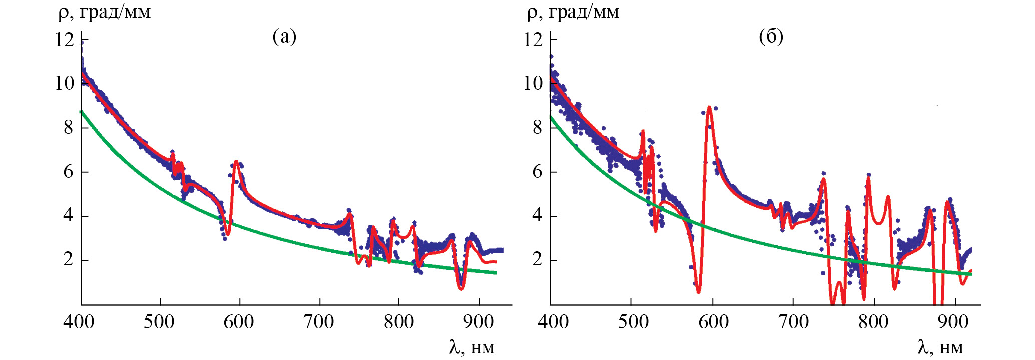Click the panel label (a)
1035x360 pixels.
click(x=284, y=37)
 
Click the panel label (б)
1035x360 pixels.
click(x=771, y=37)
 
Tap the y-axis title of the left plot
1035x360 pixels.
click(x=104, y=12)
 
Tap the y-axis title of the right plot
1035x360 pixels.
click(x=573, y=12)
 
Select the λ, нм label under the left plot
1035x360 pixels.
click(x=471, y=346)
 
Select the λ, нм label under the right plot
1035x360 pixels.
click(x=940, y=346)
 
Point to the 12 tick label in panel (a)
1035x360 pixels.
click(x=65, y=39)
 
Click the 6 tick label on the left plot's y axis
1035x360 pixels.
click(x=69, y=172)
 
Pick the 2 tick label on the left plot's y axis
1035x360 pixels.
click(x=69, y=260)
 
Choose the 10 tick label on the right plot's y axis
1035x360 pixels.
click(x=533, y=83)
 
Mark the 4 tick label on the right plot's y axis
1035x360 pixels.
click(x=537, y=216)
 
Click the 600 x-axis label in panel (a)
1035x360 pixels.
click(x=239, y=322)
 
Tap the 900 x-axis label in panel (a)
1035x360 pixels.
click(x=478, y=322)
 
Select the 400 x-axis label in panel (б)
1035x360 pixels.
click(x=553, y=322)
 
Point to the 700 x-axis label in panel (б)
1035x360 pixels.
click(x=793, y=322)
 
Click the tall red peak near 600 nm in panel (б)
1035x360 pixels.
click(x=709, y=107)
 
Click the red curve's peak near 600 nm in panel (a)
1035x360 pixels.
click(x=236, y=162)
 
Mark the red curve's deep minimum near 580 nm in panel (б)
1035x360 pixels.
click(x=698, y=291)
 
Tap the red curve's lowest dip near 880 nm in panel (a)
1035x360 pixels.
click(x=461, y=288)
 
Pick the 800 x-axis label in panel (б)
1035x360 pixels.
click(x=873, y=322)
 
